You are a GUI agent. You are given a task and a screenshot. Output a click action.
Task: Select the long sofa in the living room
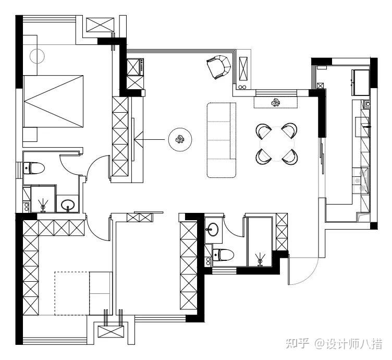222,140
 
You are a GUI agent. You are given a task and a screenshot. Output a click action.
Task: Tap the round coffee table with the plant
180,139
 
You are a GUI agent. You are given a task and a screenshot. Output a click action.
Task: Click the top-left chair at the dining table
263,129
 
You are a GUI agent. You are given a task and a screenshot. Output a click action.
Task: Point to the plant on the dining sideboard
276,102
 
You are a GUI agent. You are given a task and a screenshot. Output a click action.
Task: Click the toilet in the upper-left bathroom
35,168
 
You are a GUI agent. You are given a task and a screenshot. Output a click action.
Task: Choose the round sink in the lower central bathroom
213,229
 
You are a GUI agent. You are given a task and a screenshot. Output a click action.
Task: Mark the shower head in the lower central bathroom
260,257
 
